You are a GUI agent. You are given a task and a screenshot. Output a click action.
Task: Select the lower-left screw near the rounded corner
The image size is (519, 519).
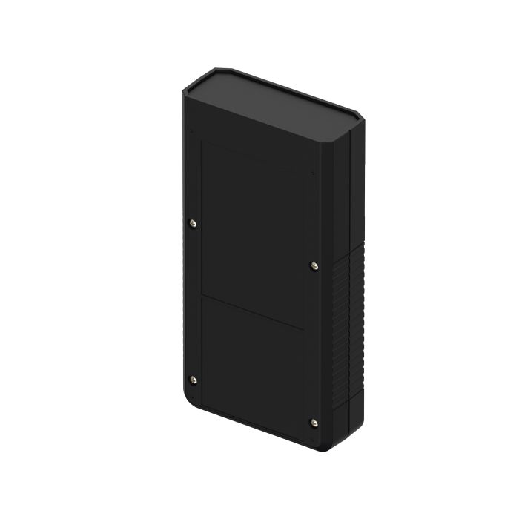tap(194, 380)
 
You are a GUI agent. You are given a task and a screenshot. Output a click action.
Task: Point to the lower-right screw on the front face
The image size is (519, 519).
tap(314, 423)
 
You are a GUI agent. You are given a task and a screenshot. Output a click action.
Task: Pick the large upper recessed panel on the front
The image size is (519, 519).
tap(252, 230)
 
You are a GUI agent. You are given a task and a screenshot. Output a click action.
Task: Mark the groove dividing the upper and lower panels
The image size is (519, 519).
tap(252, 312)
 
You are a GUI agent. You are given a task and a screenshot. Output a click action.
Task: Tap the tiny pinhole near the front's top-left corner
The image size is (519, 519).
tap(194, 132)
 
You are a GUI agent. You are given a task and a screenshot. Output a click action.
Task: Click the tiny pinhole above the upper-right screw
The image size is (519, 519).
tap(314, 174)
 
